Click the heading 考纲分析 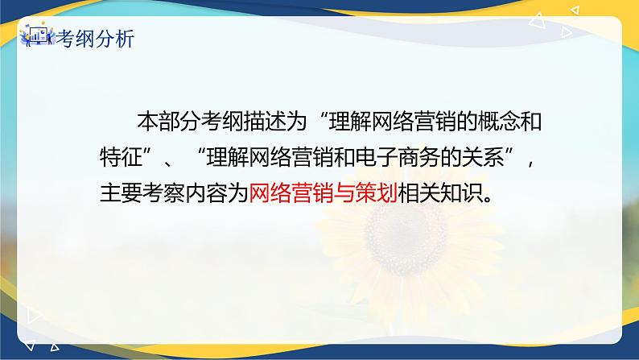point(93,39)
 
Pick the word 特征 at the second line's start point(119,158)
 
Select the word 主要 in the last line point(119,193)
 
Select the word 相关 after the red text point(418,193)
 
